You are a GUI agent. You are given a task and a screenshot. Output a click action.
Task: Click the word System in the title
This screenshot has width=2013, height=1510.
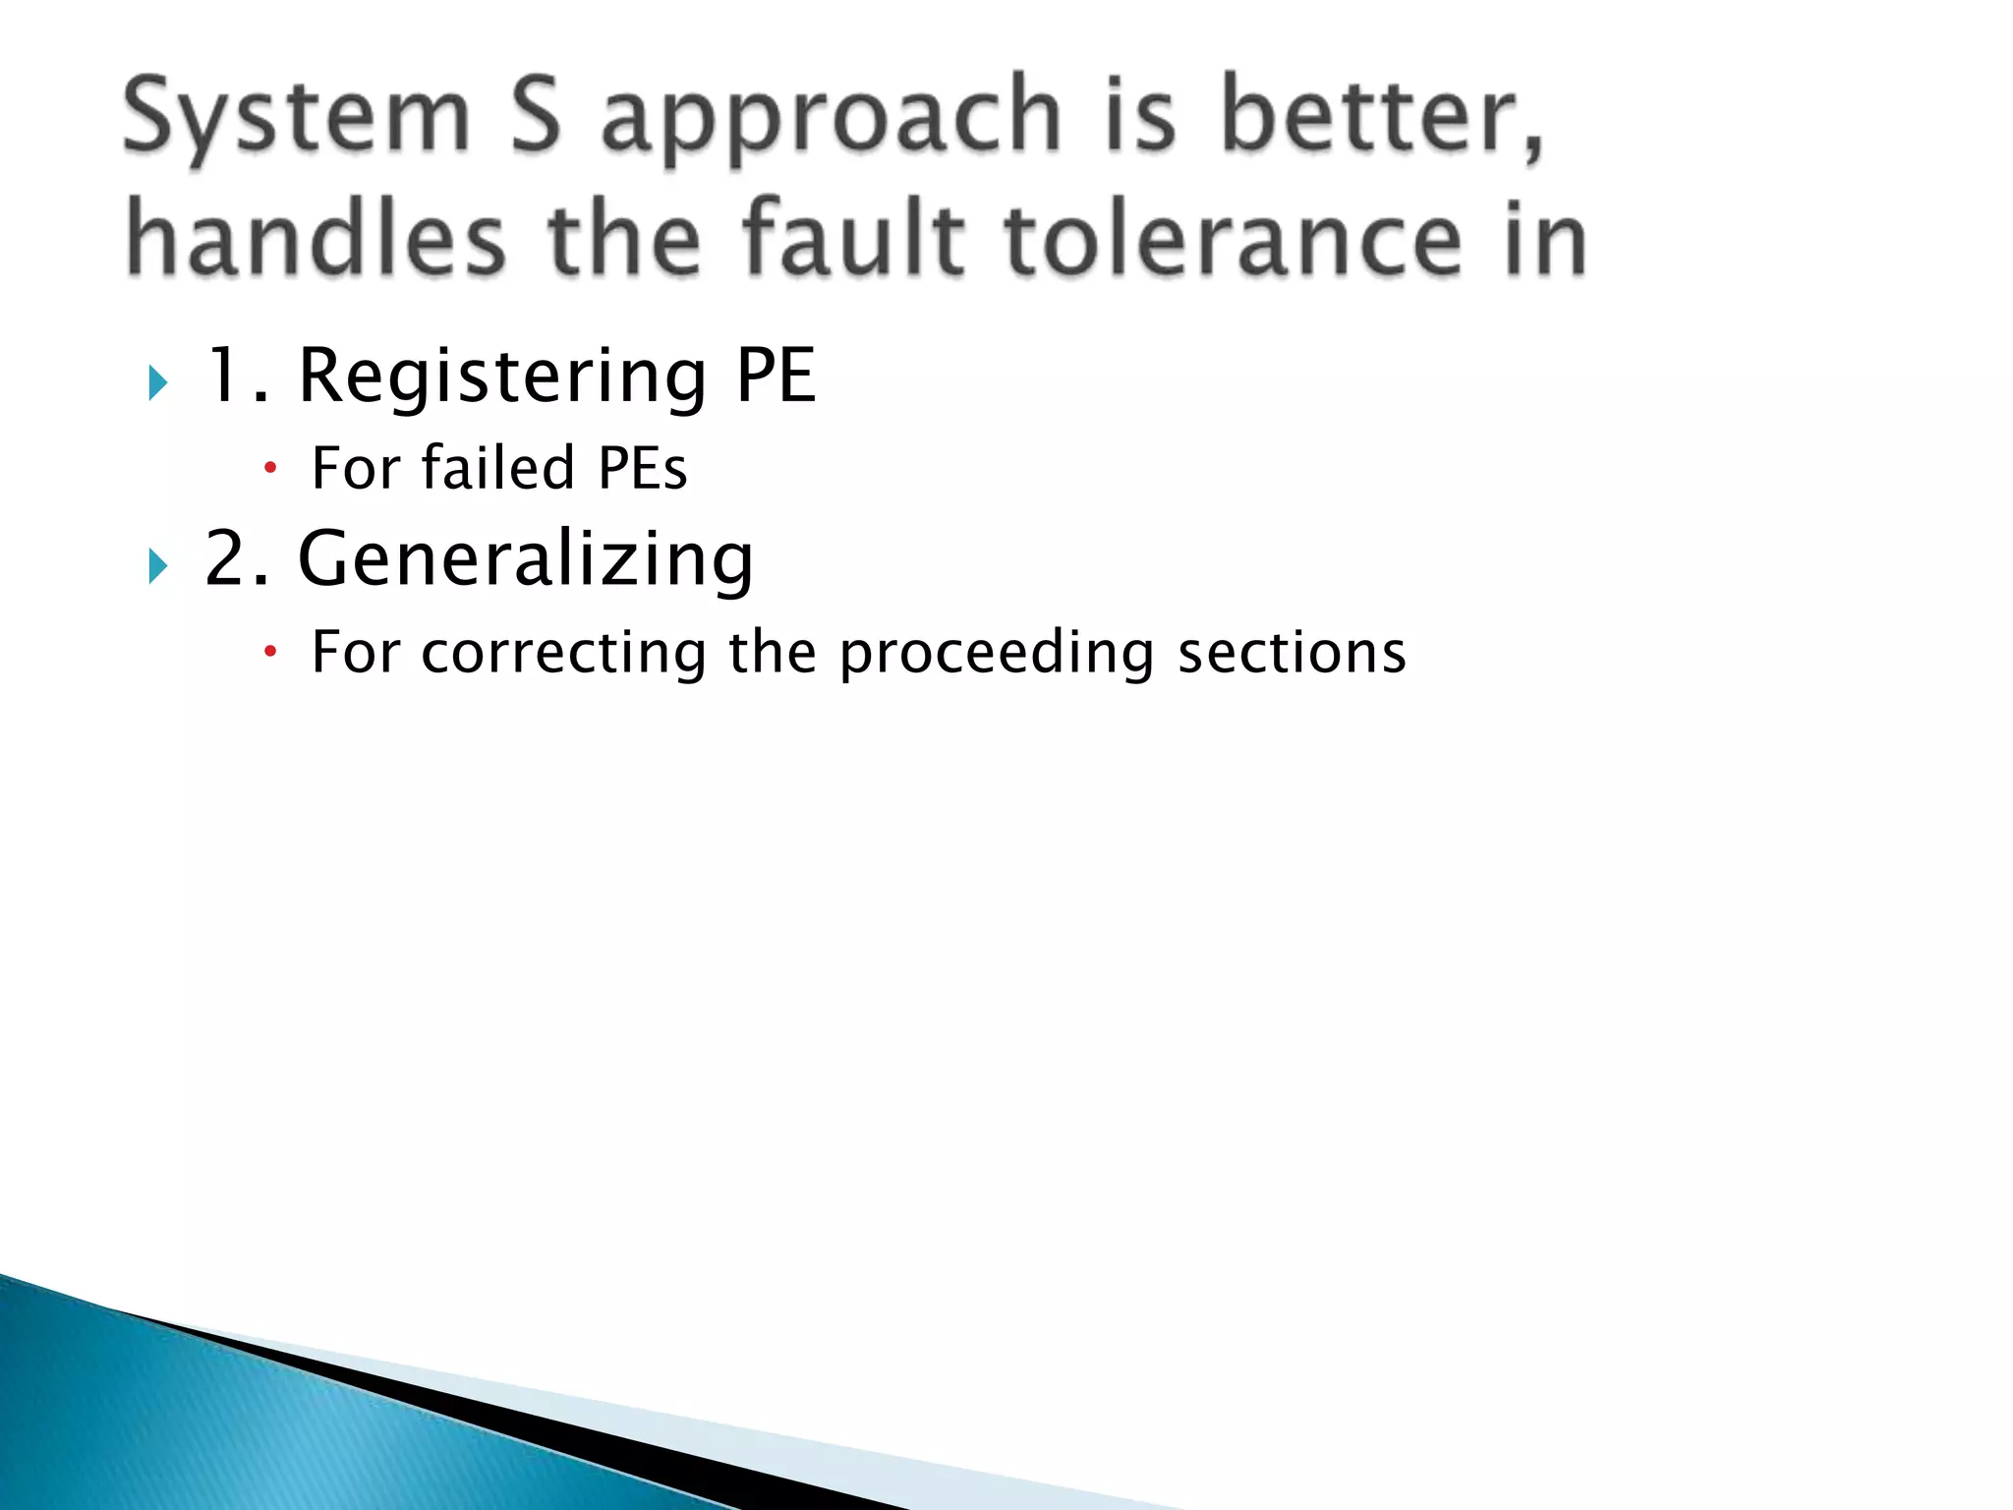pos(296,118)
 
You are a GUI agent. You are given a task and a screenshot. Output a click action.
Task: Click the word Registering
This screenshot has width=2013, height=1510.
pos(502,377)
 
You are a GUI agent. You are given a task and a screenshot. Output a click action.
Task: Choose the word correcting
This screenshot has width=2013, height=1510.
pos(563,653)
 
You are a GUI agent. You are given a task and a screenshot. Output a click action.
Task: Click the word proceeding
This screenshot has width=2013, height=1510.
pos(997,655)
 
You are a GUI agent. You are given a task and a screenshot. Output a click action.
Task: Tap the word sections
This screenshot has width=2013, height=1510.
pos(1292,653)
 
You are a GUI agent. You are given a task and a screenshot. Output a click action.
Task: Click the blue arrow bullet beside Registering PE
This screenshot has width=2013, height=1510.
pos(158,382)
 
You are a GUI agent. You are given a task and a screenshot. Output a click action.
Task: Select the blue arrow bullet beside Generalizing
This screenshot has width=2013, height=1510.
pos(158,566)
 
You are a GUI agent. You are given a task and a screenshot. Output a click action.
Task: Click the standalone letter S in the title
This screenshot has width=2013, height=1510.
pos(536,118)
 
